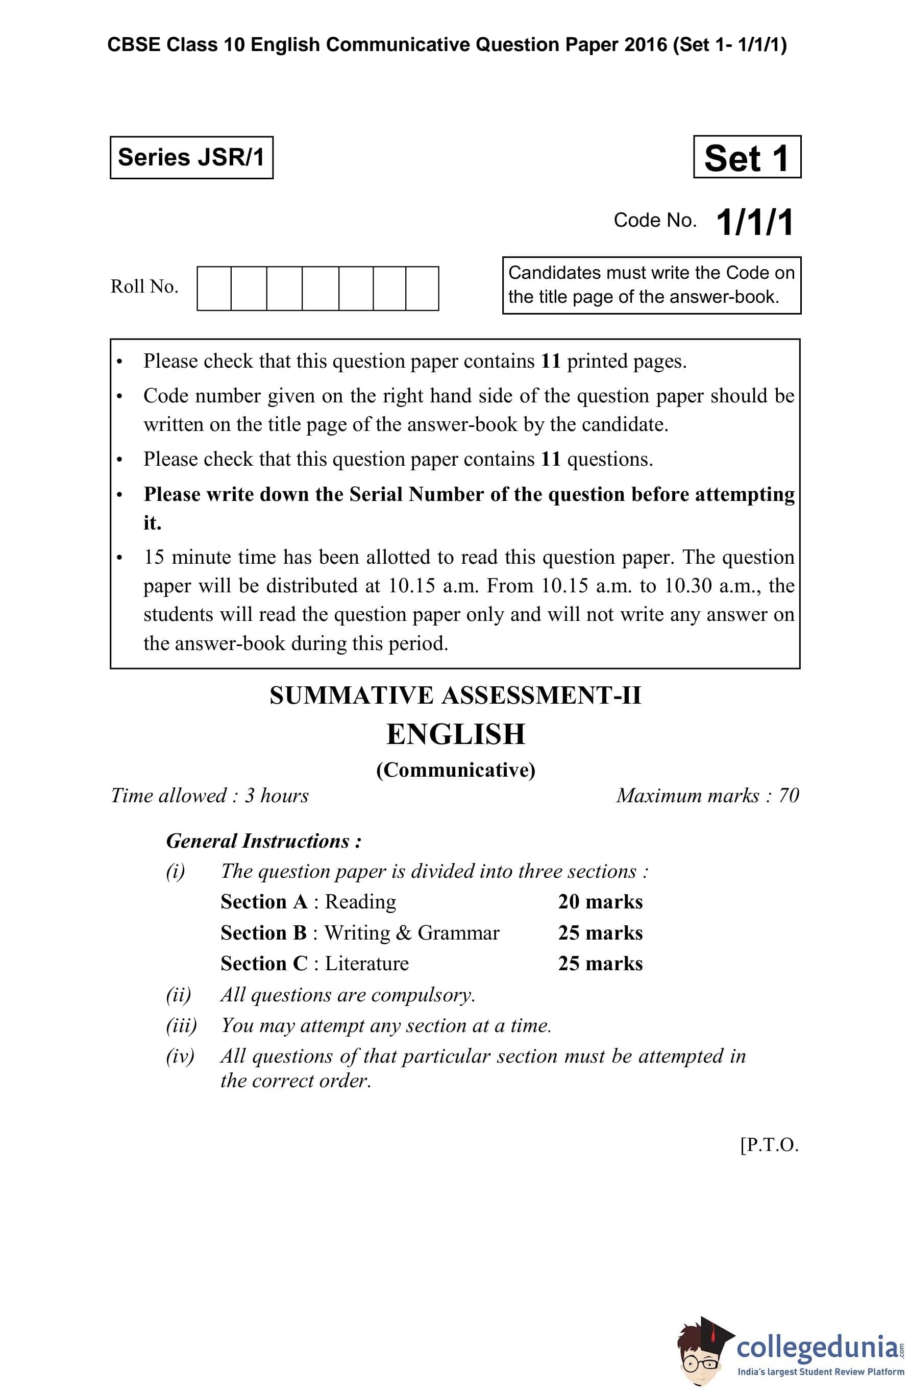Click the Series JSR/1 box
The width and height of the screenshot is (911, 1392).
(191, 157)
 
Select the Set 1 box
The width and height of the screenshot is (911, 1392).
(747, 157)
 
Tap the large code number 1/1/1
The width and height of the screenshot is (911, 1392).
(754, 222)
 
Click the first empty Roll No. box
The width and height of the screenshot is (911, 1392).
(214, 289)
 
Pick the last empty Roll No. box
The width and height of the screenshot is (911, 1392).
(422, 289)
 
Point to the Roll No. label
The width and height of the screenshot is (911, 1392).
(144, 286)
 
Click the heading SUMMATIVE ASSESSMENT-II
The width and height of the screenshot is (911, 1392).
(455, 695)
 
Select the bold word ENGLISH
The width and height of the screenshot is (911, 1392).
(455, 735)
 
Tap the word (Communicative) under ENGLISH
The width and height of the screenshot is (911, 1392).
(455, 770)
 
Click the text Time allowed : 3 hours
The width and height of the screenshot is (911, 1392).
(210, 796)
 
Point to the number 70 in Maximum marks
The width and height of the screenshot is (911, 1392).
(789, 796)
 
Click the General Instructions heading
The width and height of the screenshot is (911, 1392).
(264, 841)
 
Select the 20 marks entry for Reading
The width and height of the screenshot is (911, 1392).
(600, 902)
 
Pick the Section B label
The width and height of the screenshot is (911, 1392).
(264, 933)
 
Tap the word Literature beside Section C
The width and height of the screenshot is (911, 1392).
(366, 963)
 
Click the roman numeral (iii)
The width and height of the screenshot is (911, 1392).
(181, 1025)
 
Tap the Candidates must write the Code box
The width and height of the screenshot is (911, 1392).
(651, 285)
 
